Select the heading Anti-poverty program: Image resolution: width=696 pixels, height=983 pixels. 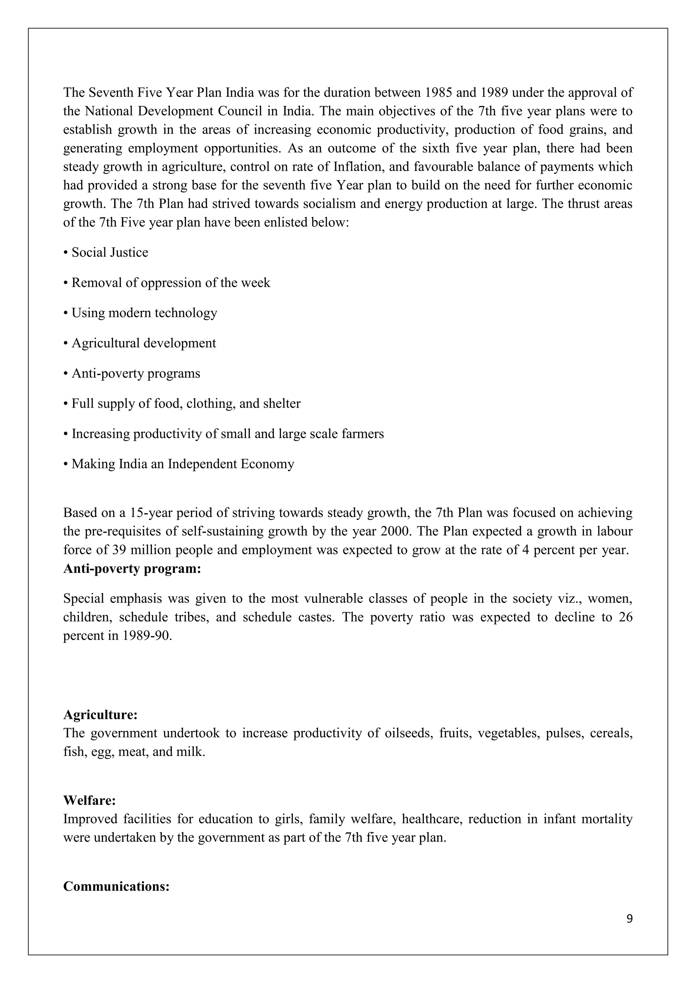tap(132, 569)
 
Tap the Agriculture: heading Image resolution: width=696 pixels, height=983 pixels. tap(100, 715)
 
